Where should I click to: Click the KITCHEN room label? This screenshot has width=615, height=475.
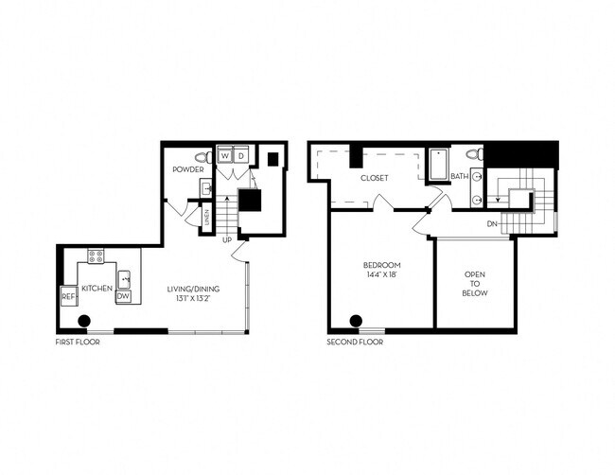click(x=97, y=288)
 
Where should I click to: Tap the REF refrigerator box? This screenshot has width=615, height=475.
click(x=68, y=296)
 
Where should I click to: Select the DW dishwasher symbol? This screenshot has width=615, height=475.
click(x=123, y=296)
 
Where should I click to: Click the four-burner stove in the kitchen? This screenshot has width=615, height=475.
click(x=96, y=255)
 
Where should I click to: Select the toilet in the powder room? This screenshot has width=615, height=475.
click(x=201, y=156)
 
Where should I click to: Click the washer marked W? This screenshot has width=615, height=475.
click(x=225, y=155)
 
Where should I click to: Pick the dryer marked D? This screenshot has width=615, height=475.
click(x=240, y=155)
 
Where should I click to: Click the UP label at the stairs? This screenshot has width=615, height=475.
click(x=227, y=240)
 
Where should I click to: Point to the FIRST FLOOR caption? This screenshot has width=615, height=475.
click(x=78, y=342)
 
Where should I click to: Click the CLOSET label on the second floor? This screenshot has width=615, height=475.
click(x=375, y=178)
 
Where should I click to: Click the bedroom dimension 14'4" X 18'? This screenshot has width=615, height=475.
click(x=383, y=274)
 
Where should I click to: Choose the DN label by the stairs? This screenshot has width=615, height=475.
click(x=492, y=223)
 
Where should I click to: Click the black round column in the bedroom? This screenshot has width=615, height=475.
click(x=357, y=320)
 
